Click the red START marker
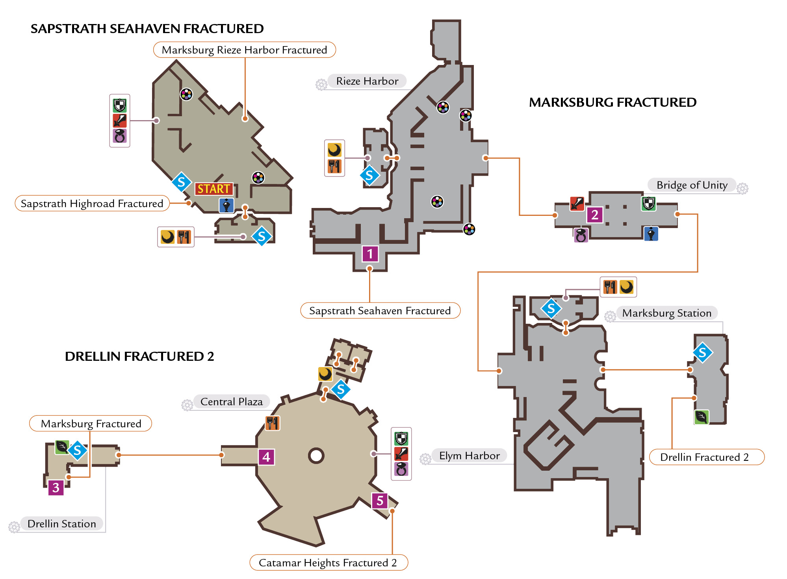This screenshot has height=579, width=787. coord(214,189)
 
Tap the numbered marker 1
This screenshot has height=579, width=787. coord(370,254)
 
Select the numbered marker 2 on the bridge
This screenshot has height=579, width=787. coord(595,215)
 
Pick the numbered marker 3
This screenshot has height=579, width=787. coord(56,488)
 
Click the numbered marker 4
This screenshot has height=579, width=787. coord(266,457)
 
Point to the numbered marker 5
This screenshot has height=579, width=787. coord(380,501)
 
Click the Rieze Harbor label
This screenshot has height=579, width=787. coord(367,81)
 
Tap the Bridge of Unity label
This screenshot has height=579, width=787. coord(692,185)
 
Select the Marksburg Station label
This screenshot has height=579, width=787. coord(667,313)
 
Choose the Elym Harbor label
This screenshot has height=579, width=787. coord(470,456)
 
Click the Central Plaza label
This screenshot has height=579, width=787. coord(232,402)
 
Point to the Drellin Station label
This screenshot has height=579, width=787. coord(62,524)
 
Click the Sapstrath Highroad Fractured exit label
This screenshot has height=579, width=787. coord(92,203)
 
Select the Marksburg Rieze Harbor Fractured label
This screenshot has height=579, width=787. coord(244,50)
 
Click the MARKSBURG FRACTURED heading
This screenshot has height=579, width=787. coord(613,102)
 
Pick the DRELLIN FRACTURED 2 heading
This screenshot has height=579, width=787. coord(139,356)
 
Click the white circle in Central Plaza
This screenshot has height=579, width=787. coord(316,456)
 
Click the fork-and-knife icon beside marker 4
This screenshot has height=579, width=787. coord(273,423)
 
